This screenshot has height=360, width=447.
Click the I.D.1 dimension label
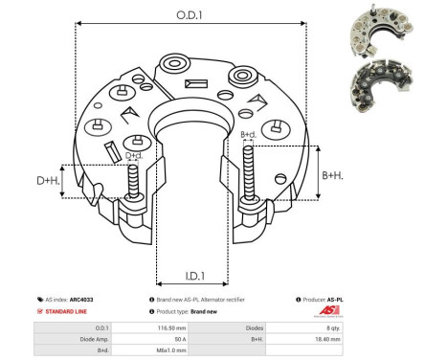(x=191, y=276)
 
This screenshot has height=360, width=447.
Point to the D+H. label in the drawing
(x=48, y=180)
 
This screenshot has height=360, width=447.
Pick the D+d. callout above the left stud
(x=135, y=155)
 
